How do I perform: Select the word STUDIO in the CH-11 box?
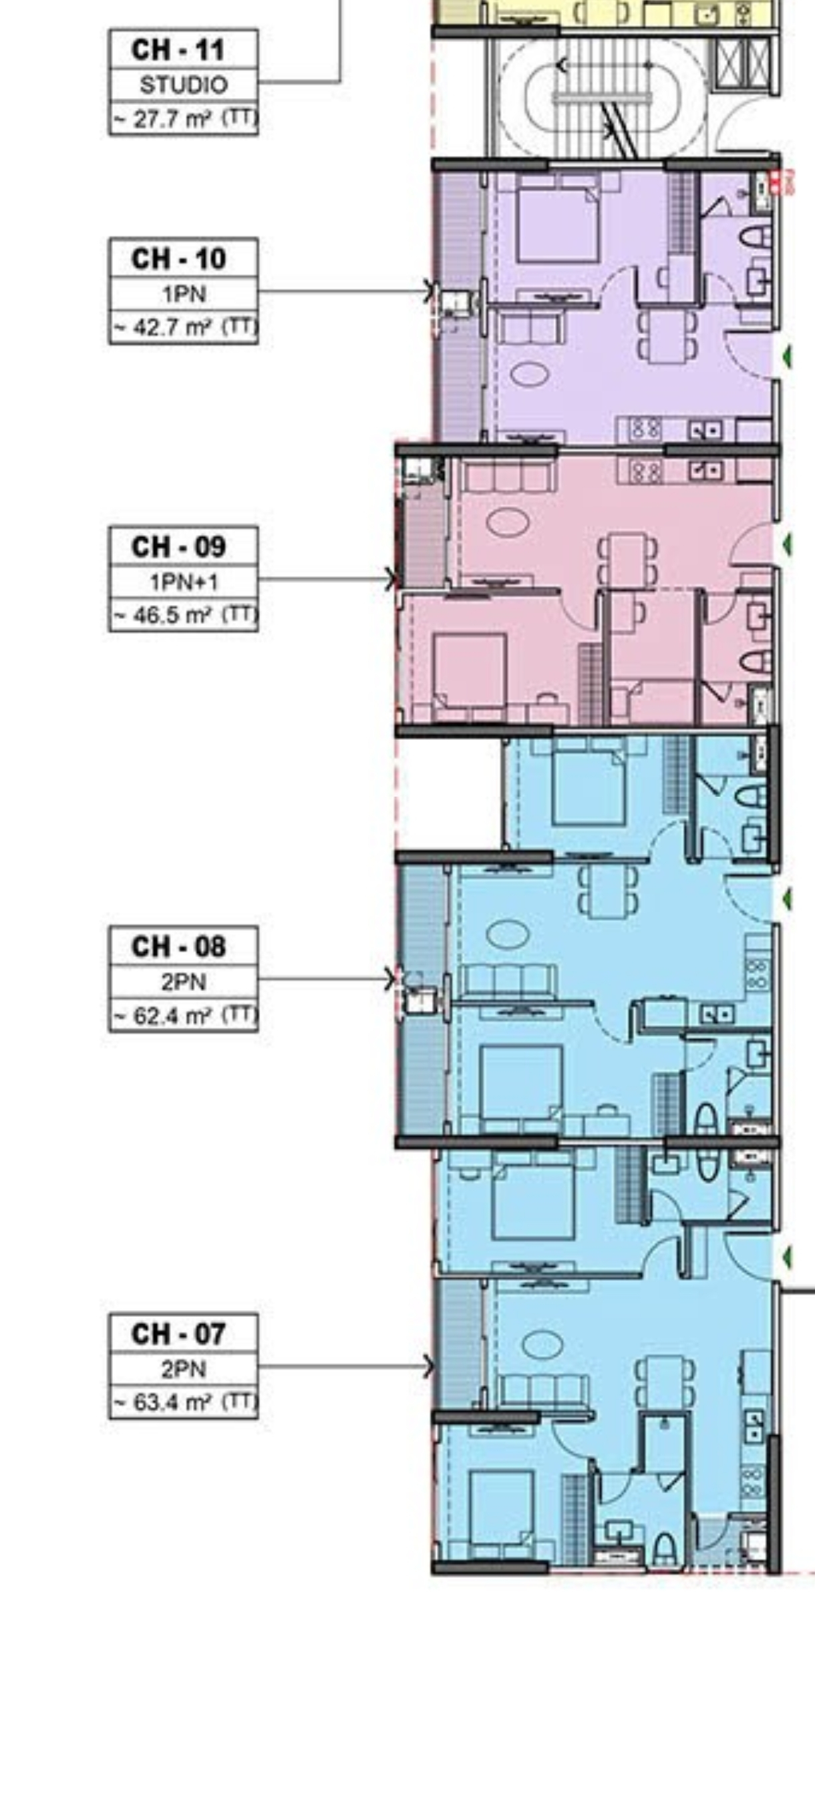point(184,85)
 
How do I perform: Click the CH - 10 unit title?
point(178,258)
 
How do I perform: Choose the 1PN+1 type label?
point(184,582)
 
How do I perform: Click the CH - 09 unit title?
point(178,546)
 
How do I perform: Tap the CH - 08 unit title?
point(178,947)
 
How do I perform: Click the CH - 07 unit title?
point(178,1334)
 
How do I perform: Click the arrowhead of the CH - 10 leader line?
point(429,291)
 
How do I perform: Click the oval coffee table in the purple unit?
point(528,373)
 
